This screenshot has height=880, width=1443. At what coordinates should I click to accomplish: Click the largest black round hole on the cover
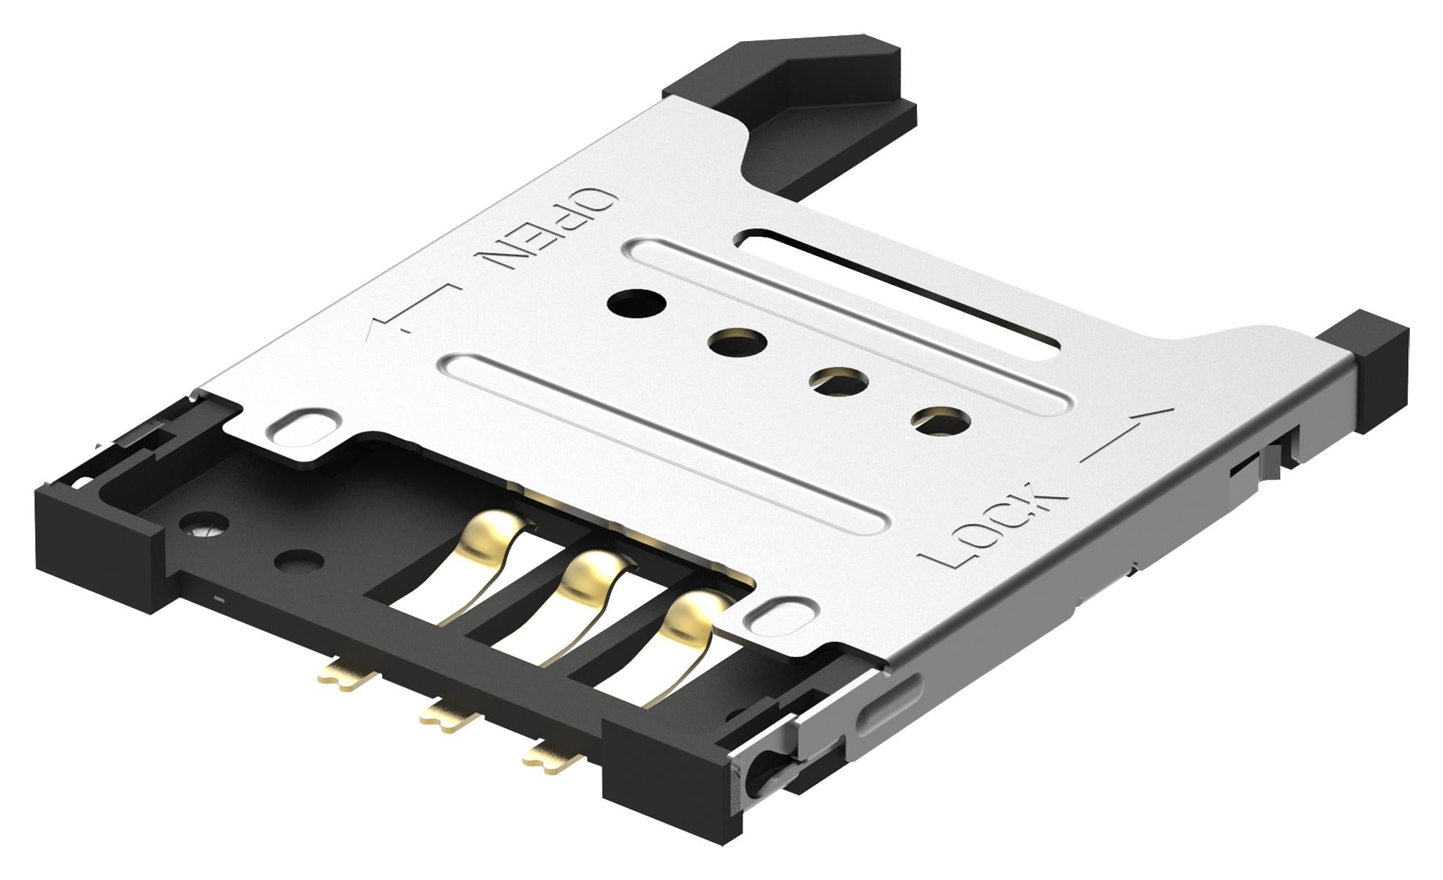[x=636, y=303]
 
